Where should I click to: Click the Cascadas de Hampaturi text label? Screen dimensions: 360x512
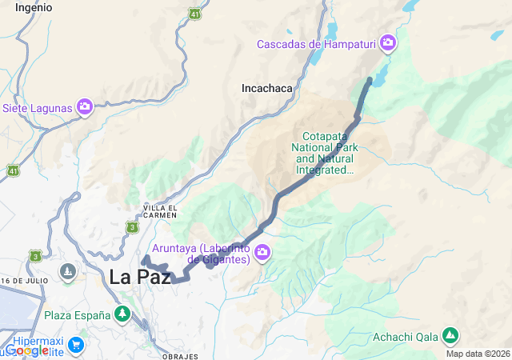pyautogui.click(x=316, y=43)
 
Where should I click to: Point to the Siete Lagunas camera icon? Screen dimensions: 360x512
pyautogui.click(x=85, y=106)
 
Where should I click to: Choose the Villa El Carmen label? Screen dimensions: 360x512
pyautogui.click(x=159, y=212)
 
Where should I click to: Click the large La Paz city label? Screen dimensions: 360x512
pyautogui.click(x=140, y=277)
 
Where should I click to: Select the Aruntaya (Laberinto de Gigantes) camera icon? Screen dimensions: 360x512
pyautogui.click(x=262, y=254)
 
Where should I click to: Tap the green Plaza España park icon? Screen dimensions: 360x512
pyautogui.click(x=122, y=314)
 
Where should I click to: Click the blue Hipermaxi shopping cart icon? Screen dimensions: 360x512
pyautogui.click(x=75, y=345)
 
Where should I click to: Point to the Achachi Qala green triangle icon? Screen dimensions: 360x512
pyautogui.click(x=450, y=334)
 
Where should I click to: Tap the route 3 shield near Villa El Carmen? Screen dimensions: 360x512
pyautogui.click(x=131, y=228)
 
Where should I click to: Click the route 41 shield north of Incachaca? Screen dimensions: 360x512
pyautogui.click(x=194, y=14)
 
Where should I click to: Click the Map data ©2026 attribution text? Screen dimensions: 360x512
pyautogui.click(x=478, y=354)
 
